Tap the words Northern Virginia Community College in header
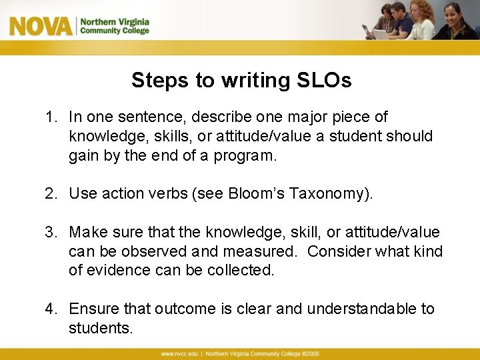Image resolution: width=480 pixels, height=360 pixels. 115,26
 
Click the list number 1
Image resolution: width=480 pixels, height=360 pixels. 50,117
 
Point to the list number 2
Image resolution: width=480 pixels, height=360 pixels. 50,193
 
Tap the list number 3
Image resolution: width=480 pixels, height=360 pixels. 50,232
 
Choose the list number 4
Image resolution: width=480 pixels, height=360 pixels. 50,309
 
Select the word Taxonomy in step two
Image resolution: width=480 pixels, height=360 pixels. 326,193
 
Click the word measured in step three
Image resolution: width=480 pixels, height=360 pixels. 263,251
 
